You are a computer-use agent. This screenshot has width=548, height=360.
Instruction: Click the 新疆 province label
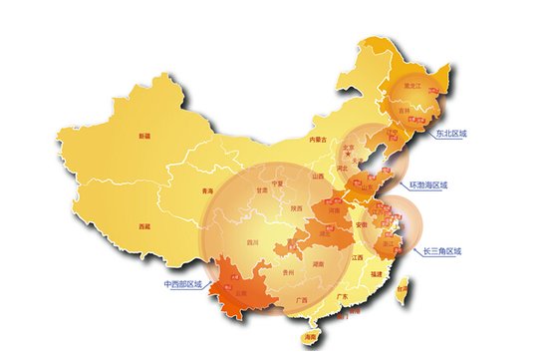(x=145, y=135)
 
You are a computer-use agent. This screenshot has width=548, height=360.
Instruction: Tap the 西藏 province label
(x=145, y=227)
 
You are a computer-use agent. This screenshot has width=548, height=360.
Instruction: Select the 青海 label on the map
(x=208, y=189)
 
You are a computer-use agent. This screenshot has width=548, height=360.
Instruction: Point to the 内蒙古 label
(x=318, y=140)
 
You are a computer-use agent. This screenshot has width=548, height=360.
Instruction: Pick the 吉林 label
(x=405, y=111)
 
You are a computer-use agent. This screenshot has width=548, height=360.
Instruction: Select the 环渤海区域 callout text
(x=429, y=185)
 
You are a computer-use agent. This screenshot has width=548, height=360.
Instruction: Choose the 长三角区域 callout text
(x=442, y=251)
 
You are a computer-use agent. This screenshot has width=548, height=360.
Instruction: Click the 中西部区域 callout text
(x=182, y=284)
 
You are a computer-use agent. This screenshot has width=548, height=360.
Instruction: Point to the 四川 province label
(x=253, y=242)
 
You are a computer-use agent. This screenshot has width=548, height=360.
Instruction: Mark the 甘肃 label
(x=262, y=188)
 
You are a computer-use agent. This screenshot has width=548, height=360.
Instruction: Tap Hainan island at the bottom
(x=311, y=338)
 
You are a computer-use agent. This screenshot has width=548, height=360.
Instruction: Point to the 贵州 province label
(x=289, y=270)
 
